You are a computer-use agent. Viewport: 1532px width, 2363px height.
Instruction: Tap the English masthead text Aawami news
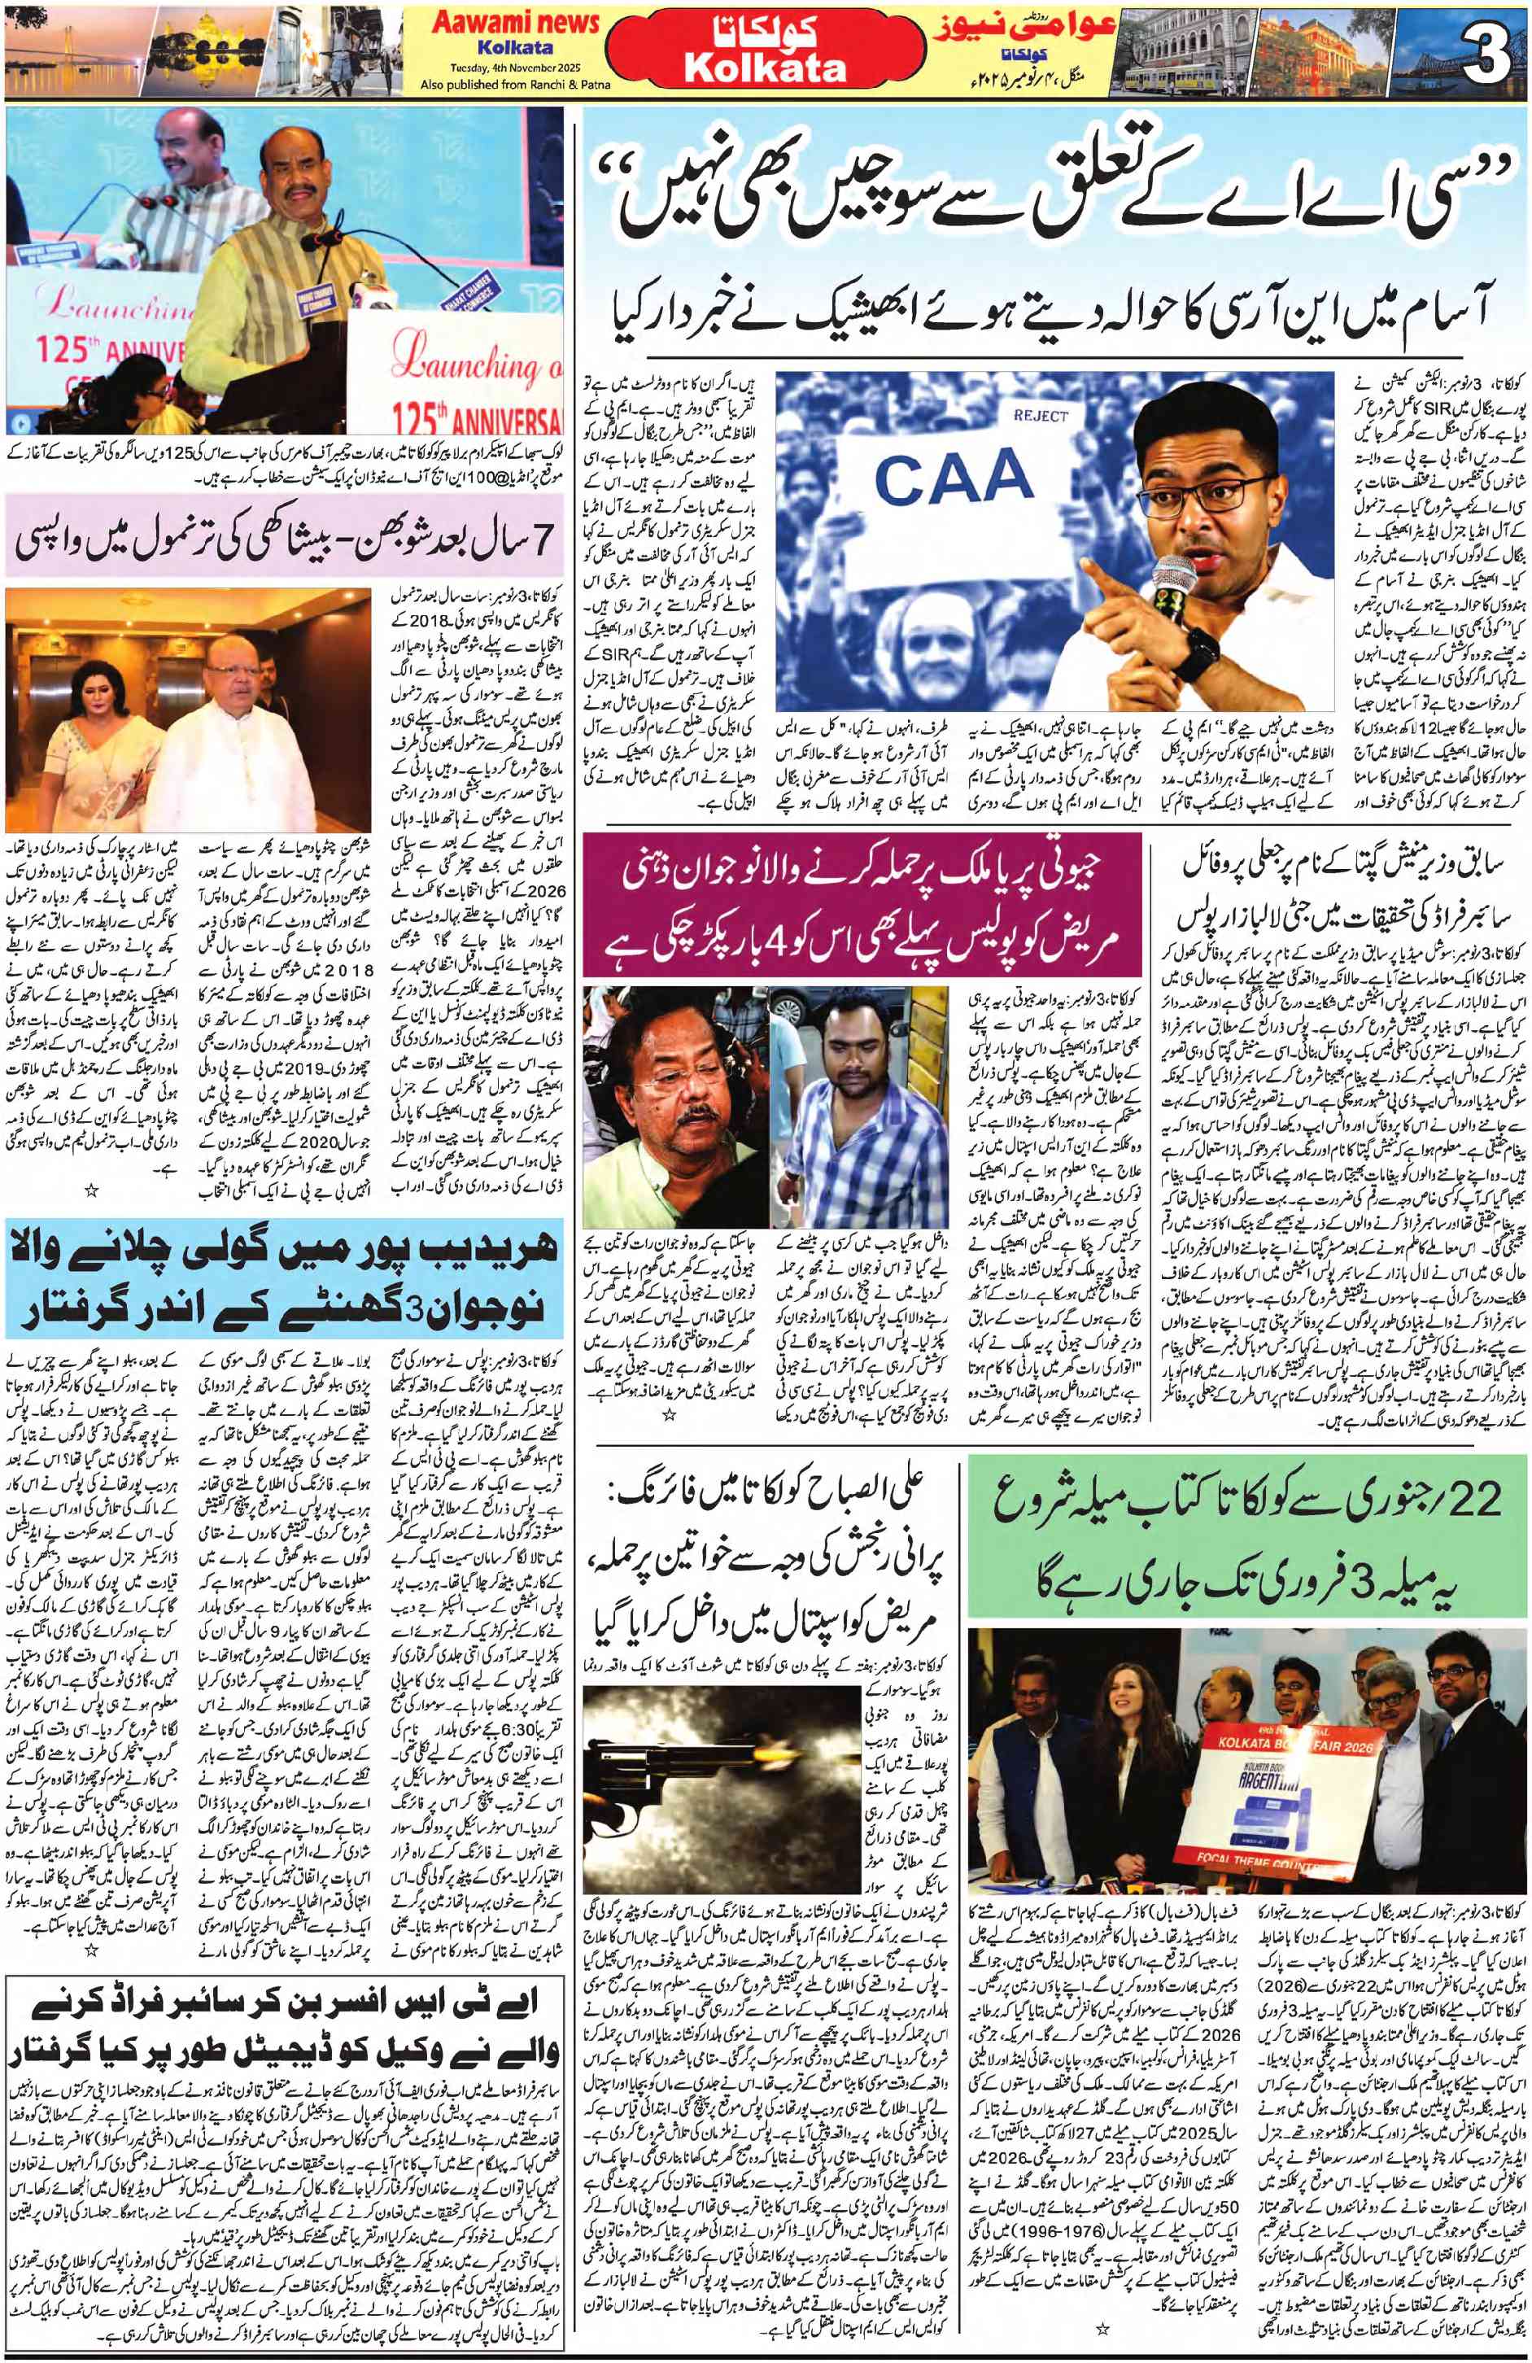coord(515,23)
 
